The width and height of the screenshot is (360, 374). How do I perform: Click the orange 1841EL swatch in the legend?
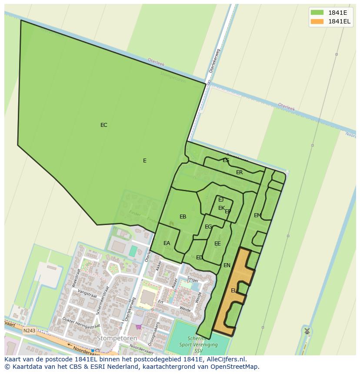coord(317,21)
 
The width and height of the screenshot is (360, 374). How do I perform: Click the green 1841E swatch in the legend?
coord(317,12)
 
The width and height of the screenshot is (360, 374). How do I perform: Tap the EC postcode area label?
coord(103,125)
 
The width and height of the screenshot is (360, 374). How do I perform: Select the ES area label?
coord(226,160)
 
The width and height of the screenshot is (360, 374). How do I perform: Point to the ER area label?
coord(239,172)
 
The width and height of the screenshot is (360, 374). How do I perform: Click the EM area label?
coord(257,215)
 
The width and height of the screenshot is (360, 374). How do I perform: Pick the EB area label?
coord(183,217)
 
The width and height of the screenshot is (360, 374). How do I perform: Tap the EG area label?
coord(208,227)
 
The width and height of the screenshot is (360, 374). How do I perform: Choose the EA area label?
coord(167,243)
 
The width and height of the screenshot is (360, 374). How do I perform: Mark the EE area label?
coord(217,244)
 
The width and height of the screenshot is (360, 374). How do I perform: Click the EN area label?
coord(227,265)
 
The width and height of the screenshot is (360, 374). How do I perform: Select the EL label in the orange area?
coord(233,291)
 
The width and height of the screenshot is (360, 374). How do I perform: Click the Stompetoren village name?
coord(117,338)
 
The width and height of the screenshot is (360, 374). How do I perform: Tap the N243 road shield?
coord(29,331)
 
